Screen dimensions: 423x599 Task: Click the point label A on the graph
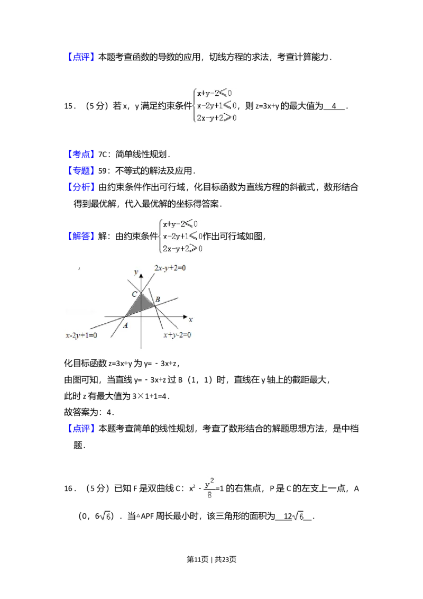click(125, 325)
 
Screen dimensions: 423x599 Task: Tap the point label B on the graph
click(158, 300)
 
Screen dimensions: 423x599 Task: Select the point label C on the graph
click(134, 294)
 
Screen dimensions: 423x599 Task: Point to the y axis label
click(136, 273)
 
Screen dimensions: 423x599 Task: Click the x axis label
click(190, 320)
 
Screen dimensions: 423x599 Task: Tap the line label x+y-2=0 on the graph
click(177, 335)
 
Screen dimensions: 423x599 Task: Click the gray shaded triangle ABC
click(140, 305)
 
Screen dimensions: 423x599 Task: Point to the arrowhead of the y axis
click(141, 276)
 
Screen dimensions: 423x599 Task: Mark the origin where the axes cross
click(141, 316)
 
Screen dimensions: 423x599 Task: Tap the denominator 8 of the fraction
click(211, 495)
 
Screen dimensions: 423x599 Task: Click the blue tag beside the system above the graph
click(82, 235)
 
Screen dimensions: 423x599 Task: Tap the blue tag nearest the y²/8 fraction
click(82, 429)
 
